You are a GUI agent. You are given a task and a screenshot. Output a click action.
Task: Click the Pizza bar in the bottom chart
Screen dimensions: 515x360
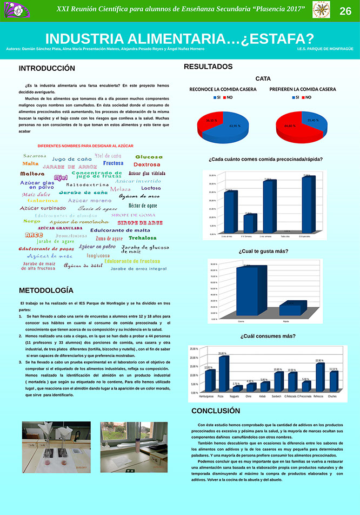[223, 374]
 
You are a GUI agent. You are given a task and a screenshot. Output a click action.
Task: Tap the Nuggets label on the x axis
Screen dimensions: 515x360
[235, 397]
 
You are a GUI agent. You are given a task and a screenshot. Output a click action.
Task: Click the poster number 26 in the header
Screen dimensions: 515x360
[345, 11]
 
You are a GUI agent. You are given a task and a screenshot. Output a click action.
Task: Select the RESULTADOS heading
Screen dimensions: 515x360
[208, 67]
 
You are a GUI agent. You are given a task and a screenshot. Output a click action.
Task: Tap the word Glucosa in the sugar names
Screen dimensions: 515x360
[149, 157]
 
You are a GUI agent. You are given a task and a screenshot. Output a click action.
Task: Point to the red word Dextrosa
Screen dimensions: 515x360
[147, 164]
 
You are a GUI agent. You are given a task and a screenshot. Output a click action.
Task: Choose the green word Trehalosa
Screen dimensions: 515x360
[143, 238]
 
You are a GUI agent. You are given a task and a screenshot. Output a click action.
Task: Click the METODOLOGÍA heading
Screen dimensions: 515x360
[46, 290]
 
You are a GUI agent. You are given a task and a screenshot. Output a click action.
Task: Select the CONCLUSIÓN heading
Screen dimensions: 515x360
[216, 411]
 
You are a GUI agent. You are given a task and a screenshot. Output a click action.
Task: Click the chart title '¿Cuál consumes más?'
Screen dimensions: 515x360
[268, 336]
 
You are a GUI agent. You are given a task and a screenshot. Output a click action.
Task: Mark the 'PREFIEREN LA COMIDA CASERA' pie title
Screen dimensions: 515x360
[303, 89]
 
